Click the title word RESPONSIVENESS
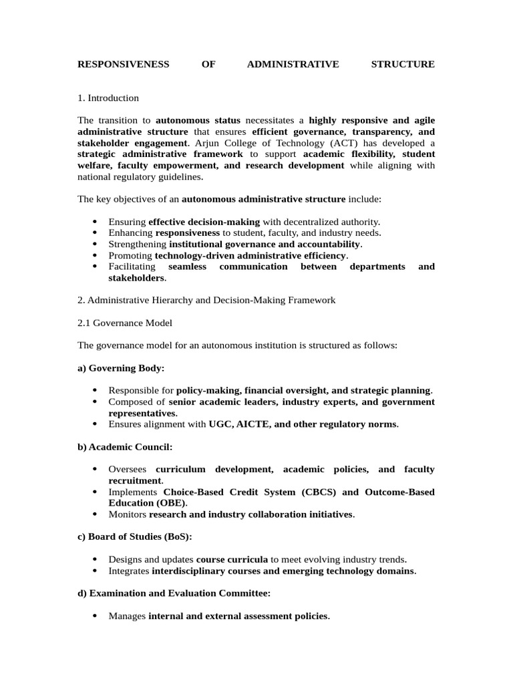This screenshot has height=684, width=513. pyautogui.click(x=123, y=64)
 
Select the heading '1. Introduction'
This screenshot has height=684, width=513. pyautogui.click(x=108, y=98)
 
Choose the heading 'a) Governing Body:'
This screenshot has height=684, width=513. pyautogui.click(x=121, y=368)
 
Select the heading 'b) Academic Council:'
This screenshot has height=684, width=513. pyautogui.click(x=125, y=447)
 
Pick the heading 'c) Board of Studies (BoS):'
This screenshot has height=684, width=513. pyautogui.click(x=135, y=537)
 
